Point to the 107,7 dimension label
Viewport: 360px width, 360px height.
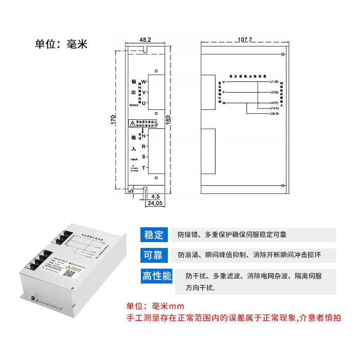click(243, 40)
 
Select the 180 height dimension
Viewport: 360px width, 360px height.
click(168, 120)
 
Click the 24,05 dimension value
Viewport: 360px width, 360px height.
click(154, 203)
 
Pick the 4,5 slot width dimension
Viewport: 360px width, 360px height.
click(156, 197)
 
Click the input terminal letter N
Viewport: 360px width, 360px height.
click(144, 136)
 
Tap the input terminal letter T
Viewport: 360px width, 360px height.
click(144, 168)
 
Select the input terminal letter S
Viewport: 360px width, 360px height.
click(144, 157)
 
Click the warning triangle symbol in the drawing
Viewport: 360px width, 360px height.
click(132, 122)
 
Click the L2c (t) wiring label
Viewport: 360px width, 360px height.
click(274, 114)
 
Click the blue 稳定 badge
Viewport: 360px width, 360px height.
click(153, 234)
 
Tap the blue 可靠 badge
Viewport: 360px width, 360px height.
click(153, 255)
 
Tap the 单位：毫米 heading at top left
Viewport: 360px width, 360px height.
click(60, 44)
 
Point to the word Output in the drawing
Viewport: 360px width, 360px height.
click(135, 104)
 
